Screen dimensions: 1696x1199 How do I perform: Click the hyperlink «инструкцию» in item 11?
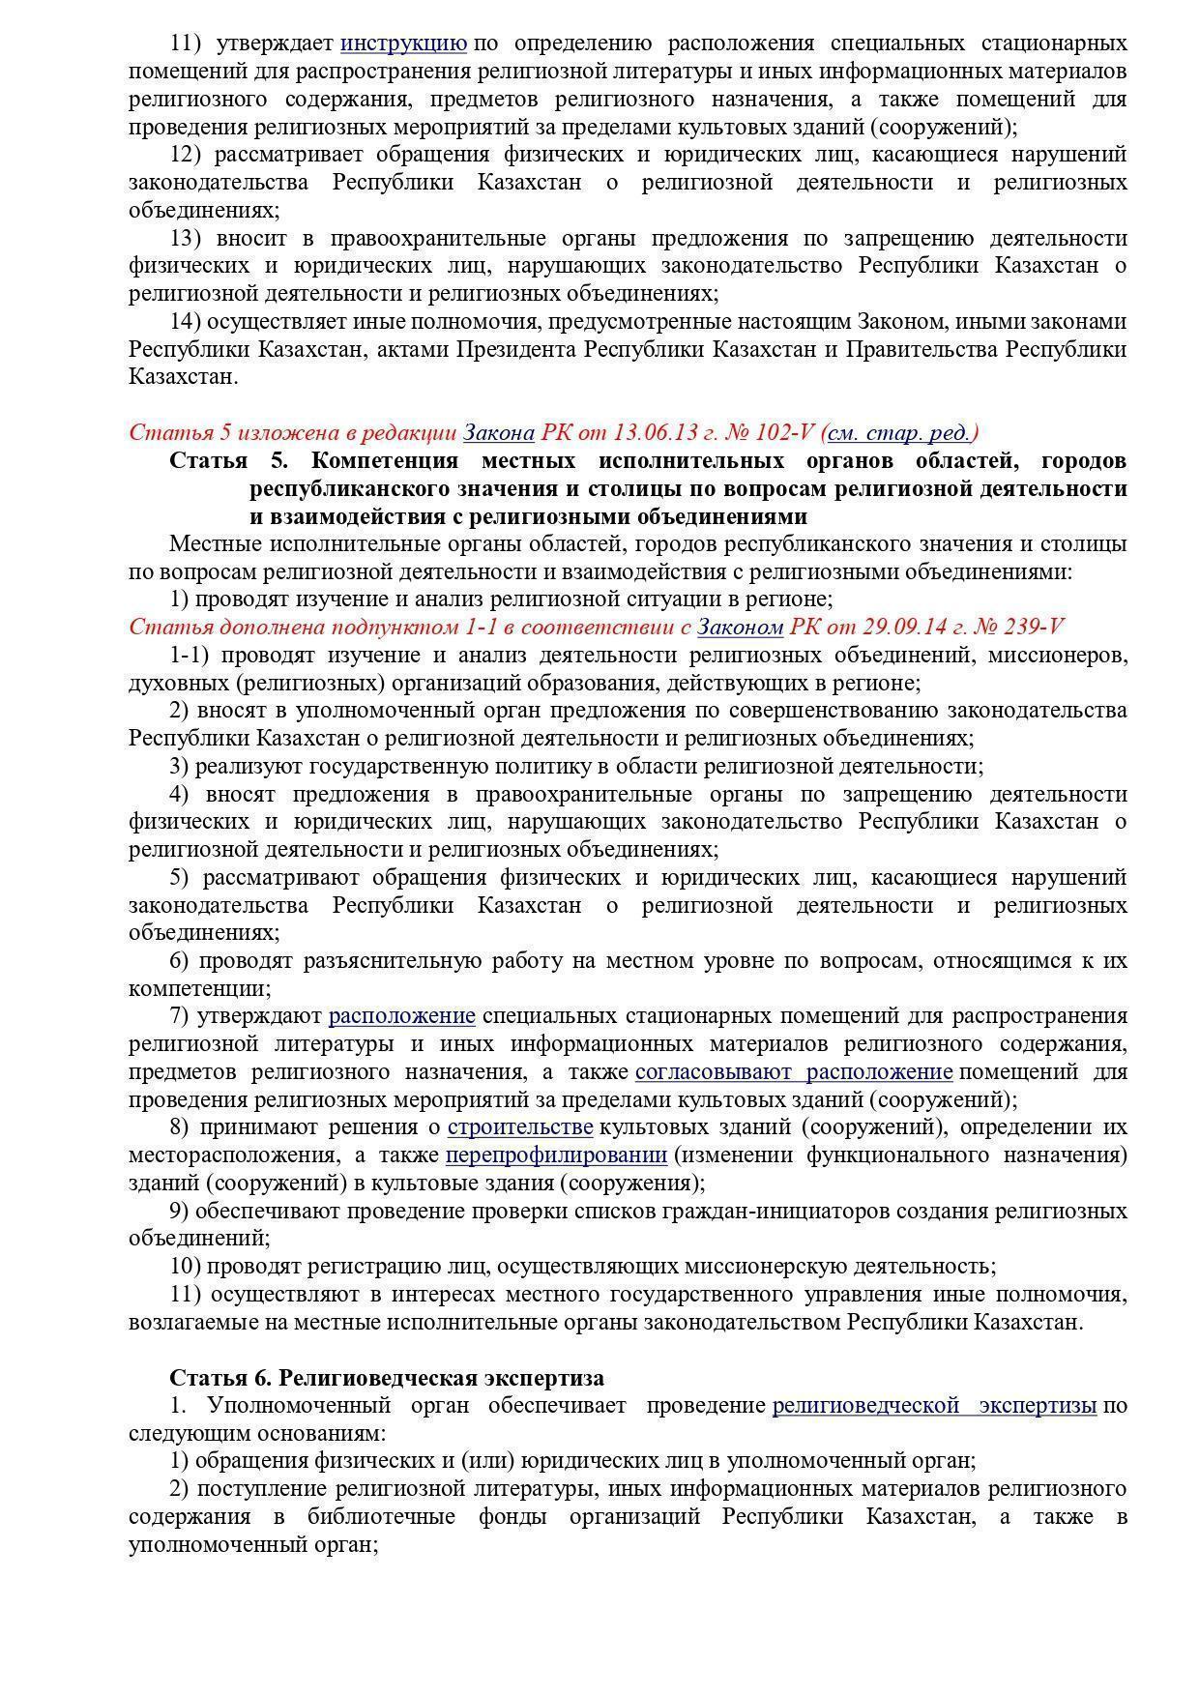[404, 44]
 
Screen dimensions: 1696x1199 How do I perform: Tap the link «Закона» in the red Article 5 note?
[499, 432]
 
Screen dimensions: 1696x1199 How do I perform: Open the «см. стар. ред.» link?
[903, 432]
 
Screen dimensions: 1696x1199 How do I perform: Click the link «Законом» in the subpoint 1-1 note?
[740, 627]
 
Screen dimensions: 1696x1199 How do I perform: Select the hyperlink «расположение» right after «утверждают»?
[402, 1016]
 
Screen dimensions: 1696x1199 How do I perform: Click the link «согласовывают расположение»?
[794, 1071]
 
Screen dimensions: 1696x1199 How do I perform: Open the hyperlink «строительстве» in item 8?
[520, 1127]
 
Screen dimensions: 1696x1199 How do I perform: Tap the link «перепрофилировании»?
[556, 1155]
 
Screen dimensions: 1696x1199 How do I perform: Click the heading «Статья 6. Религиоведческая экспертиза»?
[387, 1378]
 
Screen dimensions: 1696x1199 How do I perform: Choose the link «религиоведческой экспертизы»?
[934, 1406]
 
